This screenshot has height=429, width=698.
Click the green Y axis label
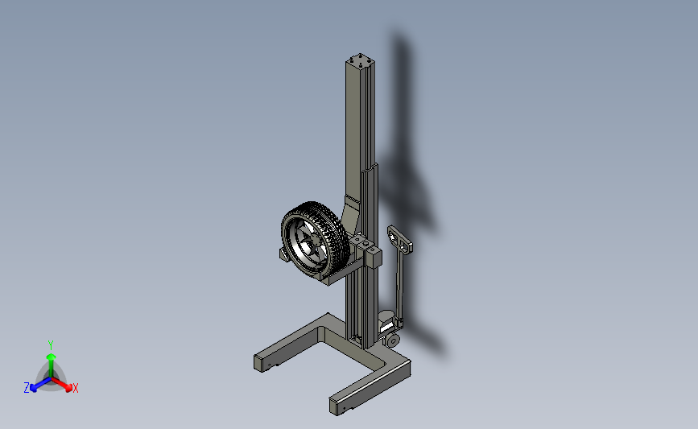coord(51,345)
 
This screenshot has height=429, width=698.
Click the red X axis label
coord(75,388)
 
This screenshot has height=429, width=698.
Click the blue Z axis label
coord(27,388)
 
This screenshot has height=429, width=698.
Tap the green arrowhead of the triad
coord(52,357)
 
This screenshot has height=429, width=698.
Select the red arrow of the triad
coord(61,384)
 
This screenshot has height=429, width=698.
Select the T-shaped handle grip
coord(400,239)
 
